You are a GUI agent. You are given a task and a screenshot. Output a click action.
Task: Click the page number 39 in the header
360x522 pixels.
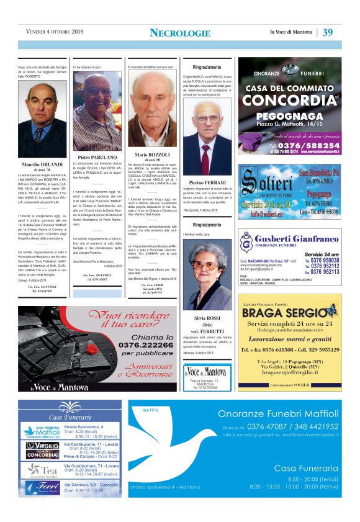pos(328,32)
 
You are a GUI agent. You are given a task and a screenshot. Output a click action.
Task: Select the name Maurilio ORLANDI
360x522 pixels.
pos(42,164)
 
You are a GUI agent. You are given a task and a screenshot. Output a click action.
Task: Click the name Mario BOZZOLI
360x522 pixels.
pos(151,154)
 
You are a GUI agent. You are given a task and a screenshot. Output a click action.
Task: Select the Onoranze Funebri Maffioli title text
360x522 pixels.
pos(278,415)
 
